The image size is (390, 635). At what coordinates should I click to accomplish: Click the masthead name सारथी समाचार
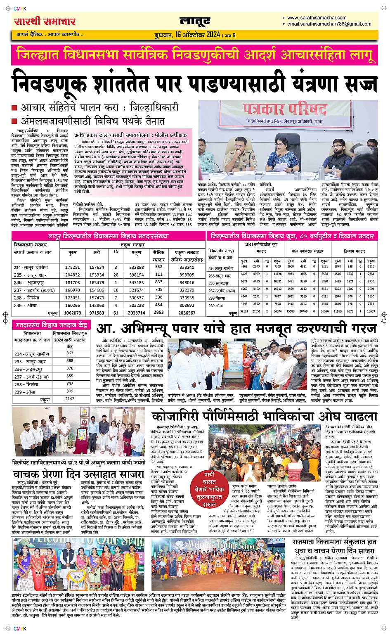click(x=45, y=21)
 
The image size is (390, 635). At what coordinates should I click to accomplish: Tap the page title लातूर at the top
click(x=195, y=21)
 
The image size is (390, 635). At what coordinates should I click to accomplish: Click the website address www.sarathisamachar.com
click(x=317, y=18)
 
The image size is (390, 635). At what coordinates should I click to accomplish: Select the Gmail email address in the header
click(x=329, y=24)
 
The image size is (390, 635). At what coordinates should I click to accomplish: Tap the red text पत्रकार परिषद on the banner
click(x=285, y=109)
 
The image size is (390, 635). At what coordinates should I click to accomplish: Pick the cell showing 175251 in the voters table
click(x=73, y=267)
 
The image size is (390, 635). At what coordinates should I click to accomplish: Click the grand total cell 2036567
click(x=187, y=313)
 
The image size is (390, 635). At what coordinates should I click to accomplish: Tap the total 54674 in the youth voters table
click(x=277, y=311)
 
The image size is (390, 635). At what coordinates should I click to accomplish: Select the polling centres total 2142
click(x=70, y=398)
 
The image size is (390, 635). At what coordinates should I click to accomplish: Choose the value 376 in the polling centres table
click(x=70, y=368)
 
